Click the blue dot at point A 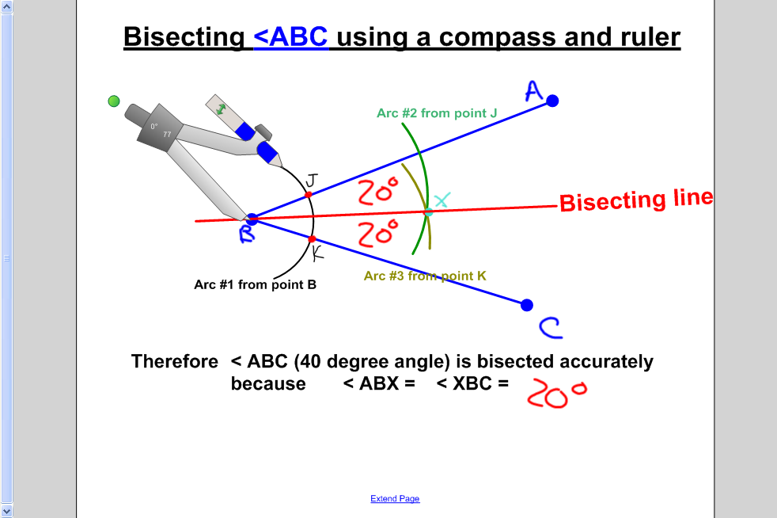click(x=552, y=101)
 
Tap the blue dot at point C click(x=527, y=305)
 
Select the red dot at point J click(x=309, y=194)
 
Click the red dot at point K click(x=312, y=238)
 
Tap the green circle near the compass click(x=114, y=101)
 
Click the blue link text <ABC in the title click(x=290, y=37)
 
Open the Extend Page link click(x=395, y=499)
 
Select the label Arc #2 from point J click(x=437, y=113)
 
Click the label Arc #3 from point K click(x=425, y=276)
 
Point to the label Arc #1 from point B click(x=255, y=284)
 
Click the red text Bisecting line click(x=636, y=200)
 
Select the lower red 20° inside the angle click(x=377, y=233)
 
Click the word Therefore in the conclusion click(x=174, y=362)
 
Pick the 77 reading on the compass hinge click(x=167, y=135)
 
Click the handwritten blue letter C click(x=550, y=327)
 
